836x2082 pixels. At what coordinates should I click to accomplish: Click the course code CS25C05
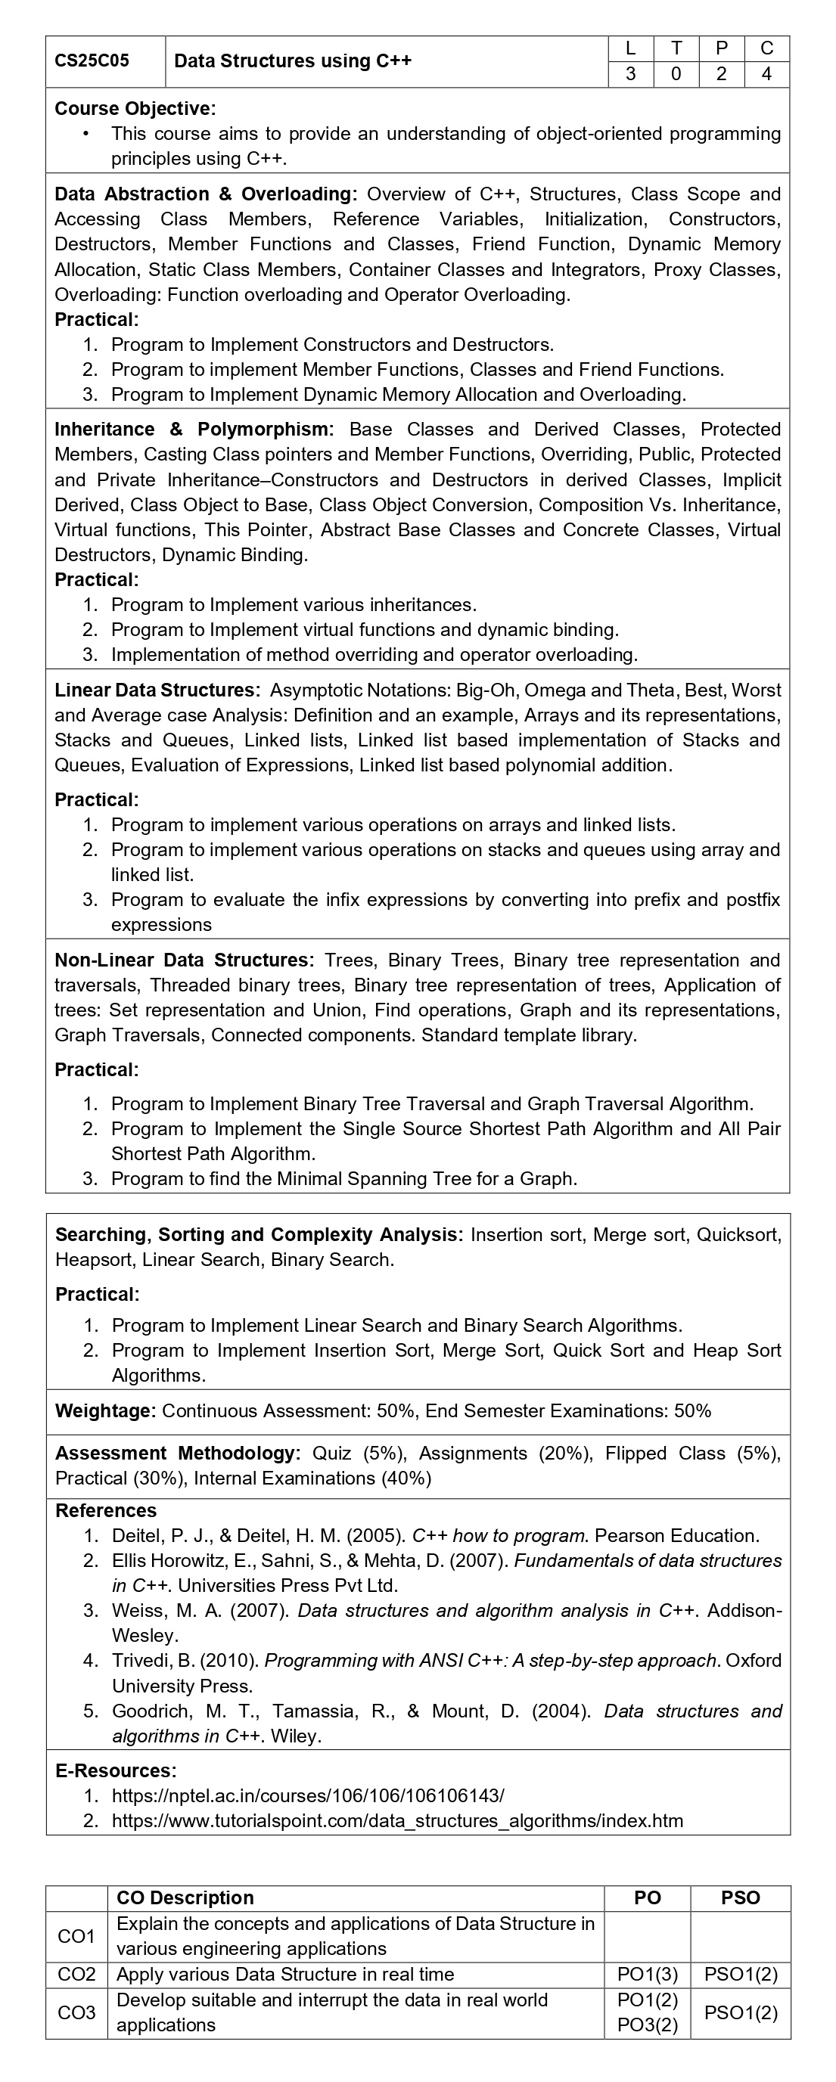click(92, 61)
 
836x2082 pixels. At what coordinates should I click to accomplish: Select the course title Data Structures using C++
click(293, 61)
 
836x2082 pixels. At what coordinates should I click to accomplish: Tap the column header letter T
click(676, 48)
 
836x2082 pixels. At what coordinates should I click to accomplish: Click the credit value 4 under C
click(766, 74)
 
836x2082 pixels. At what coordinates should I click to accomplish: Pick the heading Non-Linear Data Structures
click(184, 960)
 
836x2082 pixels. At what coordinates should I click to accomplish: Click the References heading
click(106, 1510)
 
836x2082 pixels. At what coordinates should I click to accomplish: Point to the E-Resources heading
click(116, 1771)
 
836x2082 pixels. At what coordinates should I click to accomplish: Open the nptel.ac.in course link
click(308, 1796)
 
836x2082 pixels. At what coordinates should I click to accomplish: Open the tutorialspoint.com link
click(397, 1821)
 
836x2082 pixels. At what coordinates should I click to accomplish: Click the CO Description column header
click(185, 1897)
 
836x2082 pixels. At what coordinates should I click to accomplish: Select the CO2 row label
click(77, 1975)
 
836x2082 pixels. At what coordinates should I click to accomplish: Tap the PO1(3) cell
click(648, 1975)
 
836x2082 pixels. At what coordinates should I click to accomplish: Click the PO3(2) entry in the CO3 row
click(648, 2025)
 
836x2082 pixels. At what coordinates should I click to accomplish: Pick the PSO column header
click(741, 1897)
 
